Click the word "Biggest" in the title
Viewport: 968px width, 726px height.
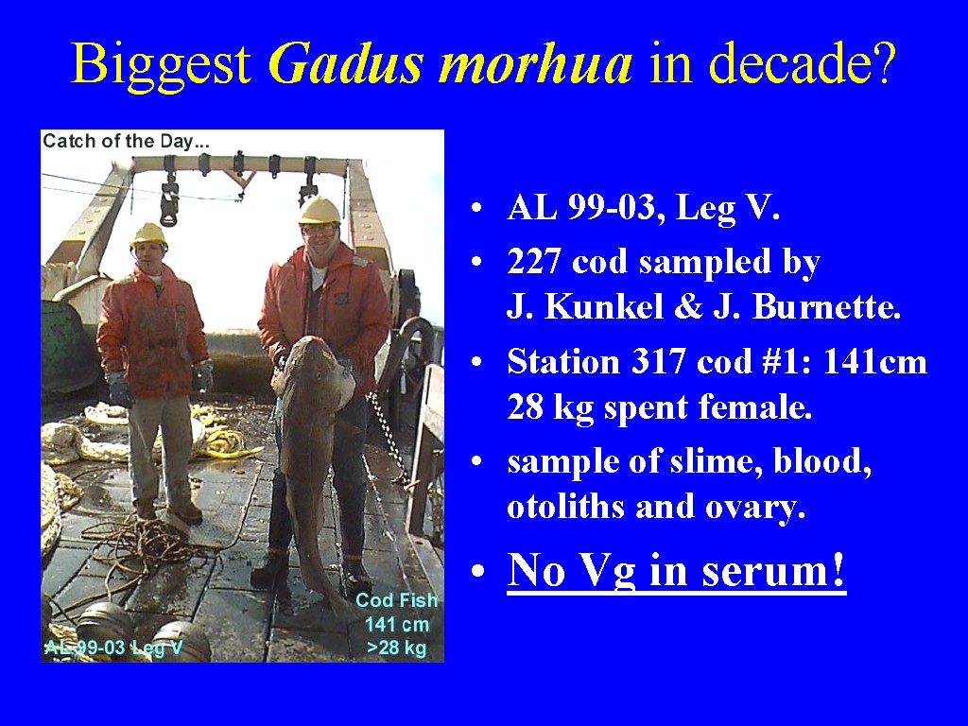click(x=161, y=64)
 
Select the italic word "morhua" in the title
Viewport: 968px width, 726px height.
click(x=535, y=63)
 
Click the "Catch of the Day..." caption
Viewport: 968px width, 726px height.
click(x=127, y=142)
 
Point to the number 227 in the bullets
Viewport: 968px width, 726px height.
click(x=535, y=262)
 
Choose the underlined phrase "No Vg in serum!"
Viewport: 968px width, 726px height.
click(x=676, y=570)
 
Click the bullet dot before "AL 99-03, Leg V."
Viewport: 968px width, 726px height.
click(x=476, y=208)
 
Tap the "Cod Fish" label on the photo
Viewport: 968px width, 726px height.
click(x=396, y=600)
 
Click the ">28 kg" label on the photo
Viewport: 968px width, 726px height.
click(x=396, y=648)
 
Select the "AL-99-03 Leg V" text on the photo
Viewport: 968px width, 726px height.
click(x=113, y=648)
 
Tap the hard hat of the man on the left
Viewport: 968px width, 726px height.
click(x=148, y=234)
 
